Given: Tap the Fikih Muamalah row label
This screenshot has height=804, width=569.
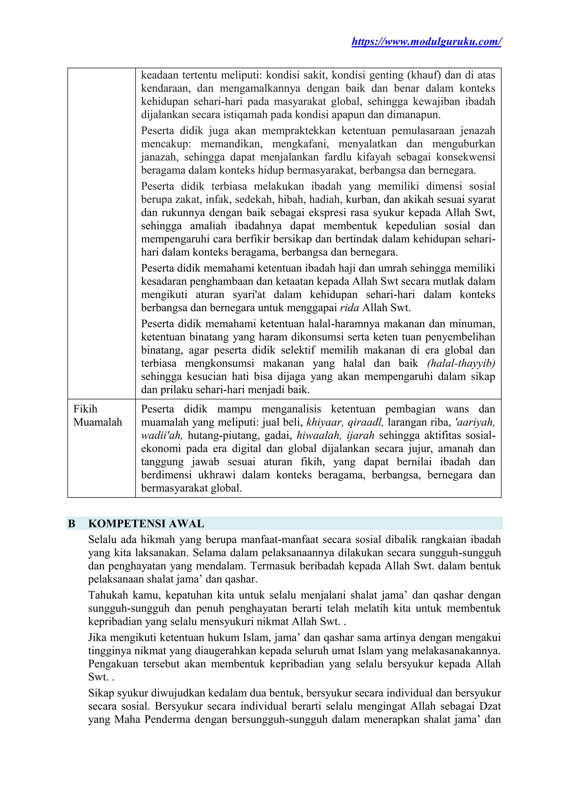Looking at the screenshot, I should pos(98,416).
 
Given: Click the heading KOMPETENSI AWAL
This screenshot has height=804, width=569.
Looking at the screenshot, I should pos(146,524).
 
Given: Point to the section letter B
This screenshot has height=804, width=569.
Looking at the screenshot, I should pos(71,524).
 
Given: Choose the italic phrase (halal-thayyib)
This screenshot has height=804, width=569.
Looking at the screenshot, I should pos(461,363).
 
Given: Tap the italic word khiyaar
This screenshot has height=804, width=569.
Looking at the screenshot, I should pos(323,422).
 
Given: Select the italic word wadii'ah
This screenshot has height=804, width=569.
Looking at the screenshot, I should pos(161,436).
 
